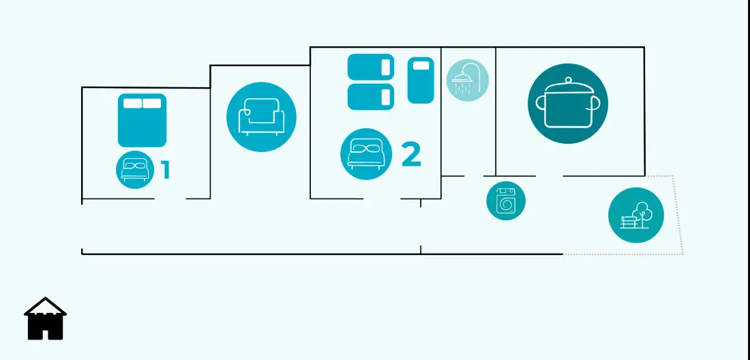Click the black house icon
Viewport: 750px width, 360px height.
tap(46, 319)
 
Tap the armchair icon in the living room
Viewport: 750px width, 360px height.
tap(261, 117)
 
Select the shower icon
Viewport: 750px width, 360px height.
tap(467, 80)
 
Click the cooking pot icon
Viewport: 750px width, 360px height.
tap(568, 104)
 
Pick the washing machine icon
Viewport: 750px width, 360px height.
tap(506, 201)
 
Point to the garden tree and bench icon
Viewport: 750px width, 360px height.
tap(636, 215)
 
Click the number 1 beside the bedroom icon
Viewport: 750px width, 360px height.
tap(166, 170)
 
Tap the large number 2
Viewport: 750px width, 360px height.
tap(411, 154)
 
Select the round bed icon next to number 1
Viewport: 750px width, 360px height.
tap(135, 170)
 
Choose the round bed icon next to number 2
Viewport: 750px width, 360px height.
tap(366, 154)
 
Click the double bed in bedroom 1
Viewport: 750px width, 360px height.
tap(142, 121)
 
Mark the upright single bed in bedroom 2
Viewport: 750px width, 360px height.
tap(421, 80)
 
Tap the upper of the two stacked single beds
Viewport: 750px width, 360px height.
tap(371, 67)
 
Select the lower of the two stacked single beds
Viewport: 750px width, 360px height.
tap(371, 97)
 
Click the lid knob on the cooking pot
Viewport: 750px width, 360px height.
tap(568, 80)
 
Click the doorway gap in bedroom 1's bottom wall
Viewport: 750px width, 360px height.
tap(170, 198)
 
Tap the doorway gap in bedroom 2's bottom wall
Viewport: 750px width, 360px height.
tap(382, 198)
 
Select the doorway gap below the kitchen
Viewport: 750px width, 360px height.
tap(549, 176)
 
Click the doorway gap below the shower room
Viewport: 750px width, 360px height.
tap(474, 176)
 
